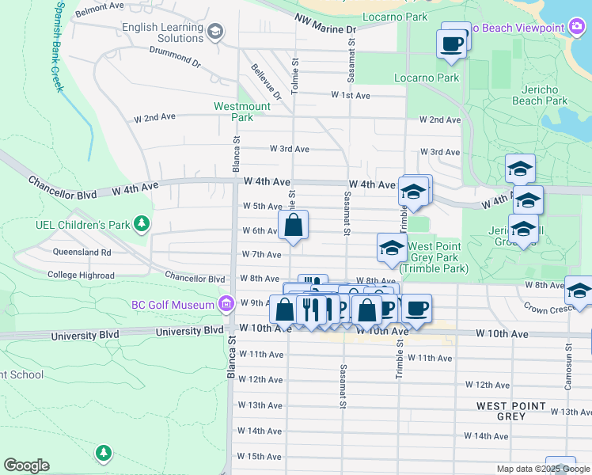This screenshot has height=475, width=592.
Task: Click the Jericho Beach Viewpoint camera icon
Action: (577, 28)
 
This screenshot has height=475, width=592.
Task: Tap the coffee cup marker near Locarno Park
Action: (451, 44)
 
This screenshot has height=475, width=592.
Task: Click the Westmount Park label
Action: (242, 112)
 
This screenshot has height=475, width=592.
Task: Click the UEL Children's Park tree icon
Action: (142, 224)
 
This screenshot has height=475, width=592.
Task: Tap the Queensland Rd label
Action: (82, 252)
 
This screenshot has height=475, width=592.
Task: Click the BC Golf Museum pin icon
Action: (226, 305)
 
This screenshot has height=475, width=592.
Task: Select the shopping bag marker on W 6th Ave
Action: (293, 225)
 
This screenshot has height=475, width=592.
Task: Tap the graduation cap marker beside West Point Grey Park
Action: (392, 248)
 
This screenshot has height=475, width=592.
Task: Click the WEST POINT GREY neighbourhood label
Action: (510, 411)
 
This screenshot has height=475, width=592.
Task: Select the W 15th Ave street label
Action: (260, 457)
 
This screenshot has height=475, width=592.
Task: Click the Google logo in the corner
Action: (26, 465)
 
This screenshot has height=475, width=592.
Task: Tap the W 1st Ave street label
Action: (351, 95)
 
